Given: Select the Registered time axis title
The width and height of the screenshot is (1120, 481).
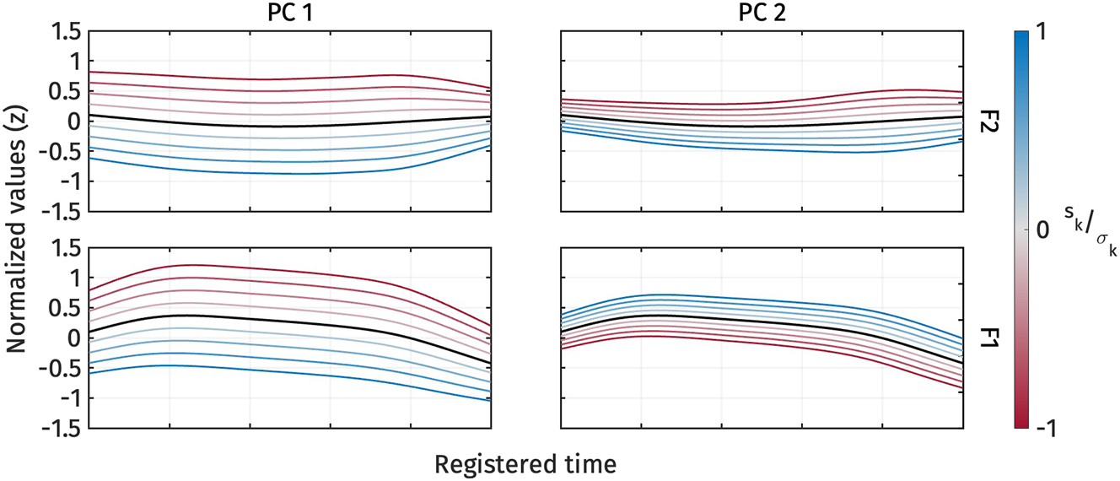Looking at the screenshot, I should click(x=525, y=463).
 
